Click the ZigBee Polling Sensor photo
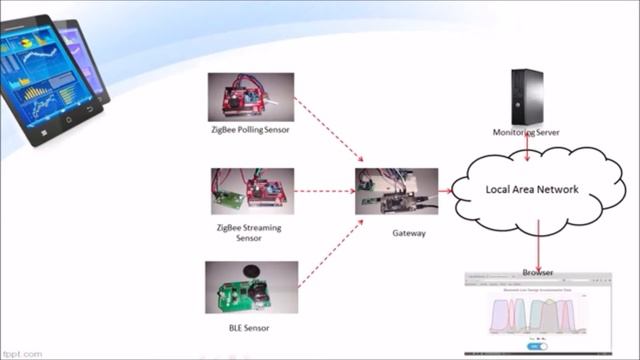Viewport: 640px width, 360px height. point(250,97)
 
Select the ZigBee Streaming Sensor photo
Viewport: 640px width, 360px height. point(251,190)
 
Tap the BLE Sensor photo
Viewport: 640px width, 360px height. point(251,287)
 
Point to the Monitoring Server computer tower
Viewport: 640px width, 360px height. point(526,95)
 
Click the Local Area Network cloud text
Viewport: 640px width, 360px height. point(531,189)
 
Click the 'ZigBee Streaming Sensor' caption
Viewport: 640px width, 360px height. point(249,233)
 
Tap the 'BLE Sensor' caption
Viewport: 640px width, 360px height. point(249,327)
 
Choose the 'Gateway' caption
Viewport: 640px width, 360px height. point(409,233)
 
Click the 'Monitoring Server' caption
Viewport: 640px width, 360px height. point(526,132)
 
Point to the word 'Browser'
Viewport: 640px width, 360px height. point(538,272)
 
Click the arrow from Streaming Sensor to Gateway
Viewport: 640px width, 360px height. point(325,190)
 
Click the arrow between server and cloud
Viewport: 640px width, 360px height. point(527,146)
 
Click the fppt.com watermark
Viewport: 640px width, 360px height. point(22,353)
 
